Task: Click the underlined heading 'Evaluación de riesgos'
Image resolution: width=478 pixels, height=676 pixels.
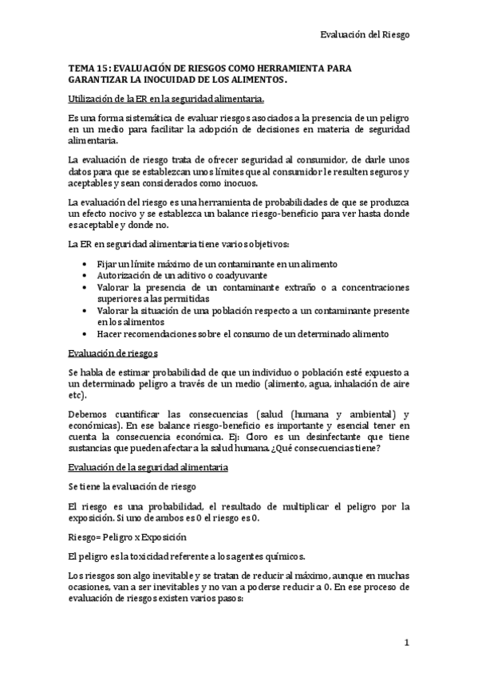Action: click(x=113, y=352)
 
